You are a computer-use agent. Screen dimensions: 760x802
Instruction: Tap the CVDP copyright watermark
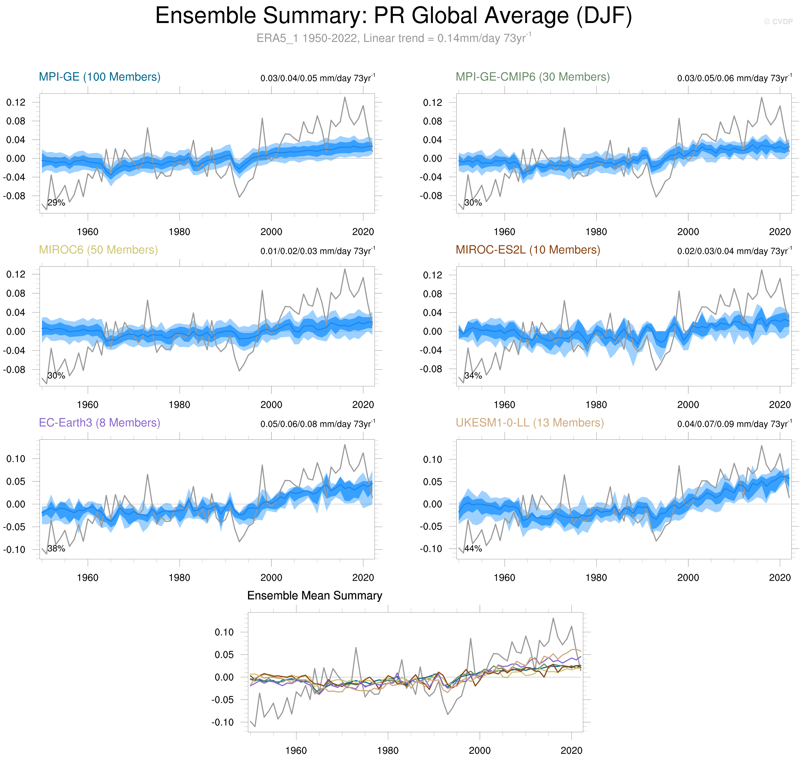pyautogui.click(x=778, y=21)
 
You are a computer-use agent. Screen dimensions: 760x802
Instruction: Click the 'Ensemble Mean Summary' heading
pyautogui.click(x=315, y=595)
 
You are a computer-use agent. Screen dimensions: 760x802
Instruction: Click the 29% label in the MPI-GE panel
pyautogui.click(x=56, y=203)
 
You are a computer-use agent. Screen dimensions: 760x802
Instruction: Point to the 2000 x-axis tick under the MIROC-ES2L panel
pyautogui.click(x=688, y=405)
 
